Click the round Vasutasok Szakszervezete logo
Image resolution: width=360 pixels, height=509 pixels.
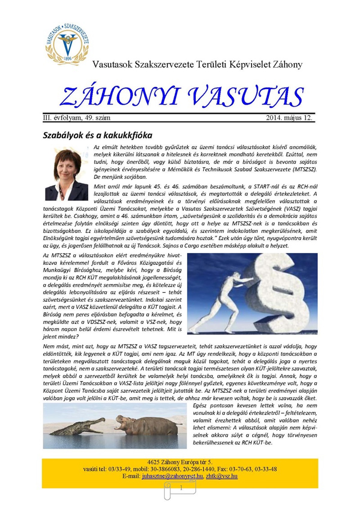(x=67, y=43)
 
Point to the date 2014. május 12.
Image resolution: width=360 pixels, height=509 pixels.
(x=289, y=118)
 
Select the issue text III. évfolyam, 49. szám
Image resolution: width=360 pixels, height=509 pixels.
(x=77, y=118)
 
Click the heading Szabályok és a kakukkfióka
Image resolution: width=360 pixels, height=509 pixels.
(x=97, y=135)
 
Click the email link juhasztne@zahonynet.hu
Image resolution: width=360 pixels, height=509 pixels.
(x=172, y=476)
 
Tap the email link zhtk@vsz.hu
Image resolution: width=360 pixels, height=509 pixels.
(x=222, y=476)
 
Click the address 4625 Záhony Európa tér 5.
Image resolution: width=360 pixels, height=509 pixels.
(x=180, y=462)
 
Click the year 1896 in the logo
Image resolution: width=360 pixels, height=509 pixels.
(x=68, y=59)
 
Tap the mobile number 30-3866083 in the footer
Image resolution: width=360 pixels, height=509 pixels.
(x=166, y=469)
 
